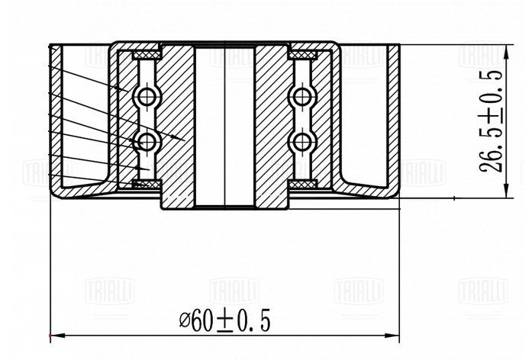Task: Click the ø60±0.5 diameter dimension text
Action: (x=225, y=321)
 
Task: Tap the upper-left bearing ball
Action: (x=147, y=96)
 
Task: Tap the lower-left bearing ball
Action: (x=147, y=141)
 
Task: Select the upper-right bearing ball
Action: (x=301, y=96)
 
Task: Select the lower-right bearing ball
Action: (x=301, y=141)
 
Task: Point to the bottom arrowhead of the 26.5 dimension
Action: (x=506, y=191)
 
